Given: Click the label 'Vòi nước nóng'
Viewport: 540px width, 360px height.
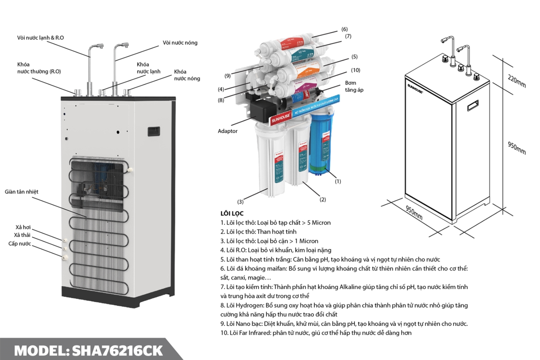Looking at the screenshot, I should pos(180,43).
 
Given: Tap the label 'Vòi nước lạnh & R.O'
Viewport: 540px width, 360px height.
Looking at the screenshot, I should pos(40,38).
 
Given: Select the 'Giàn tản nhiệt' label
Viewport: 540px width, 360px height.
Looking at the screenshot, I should pos(22,192).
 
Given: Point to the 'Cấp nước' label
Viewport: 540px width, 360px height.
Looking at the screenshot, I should pos(20,244).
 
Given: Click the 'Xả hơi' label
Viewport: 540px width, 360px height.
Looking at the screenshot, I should pos(23,228).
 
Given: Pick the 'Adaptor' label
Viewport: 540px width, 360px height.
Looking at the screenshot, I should pos(228,131).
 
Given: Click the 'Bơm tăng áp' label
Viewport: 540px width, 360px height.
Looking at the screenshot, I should pos(354,86).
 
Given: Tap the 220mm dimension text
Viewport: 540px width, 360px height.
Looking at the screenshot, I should pos(517,81).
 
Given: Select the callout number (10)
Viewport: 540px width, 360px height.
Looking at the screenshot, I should pos(355,70).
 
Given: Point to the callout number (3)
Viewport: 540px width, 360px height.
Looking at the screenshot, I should pos(240,202).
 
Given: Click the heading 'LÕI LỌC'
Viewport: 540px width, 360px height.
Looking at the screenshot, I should pos(232,213).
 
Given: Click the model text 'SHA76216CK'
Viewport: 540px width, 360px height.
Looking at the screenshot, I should pos(117,351).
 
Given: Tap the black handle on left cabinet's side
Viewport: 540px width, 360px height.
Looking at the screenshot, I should pos(154,131).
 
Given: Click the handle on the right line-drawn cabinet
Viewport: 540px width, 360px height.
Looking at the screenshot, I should pos(473,106).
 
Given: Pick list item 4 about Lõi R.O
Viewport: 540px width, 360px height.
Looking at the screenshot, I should pos(276,250).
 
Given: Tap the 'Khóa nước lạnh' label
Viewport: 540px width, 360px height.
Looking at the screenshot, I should pos(148,68).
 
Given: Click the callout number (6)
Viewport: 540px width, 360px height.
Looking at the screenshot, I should pos(345,30).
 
